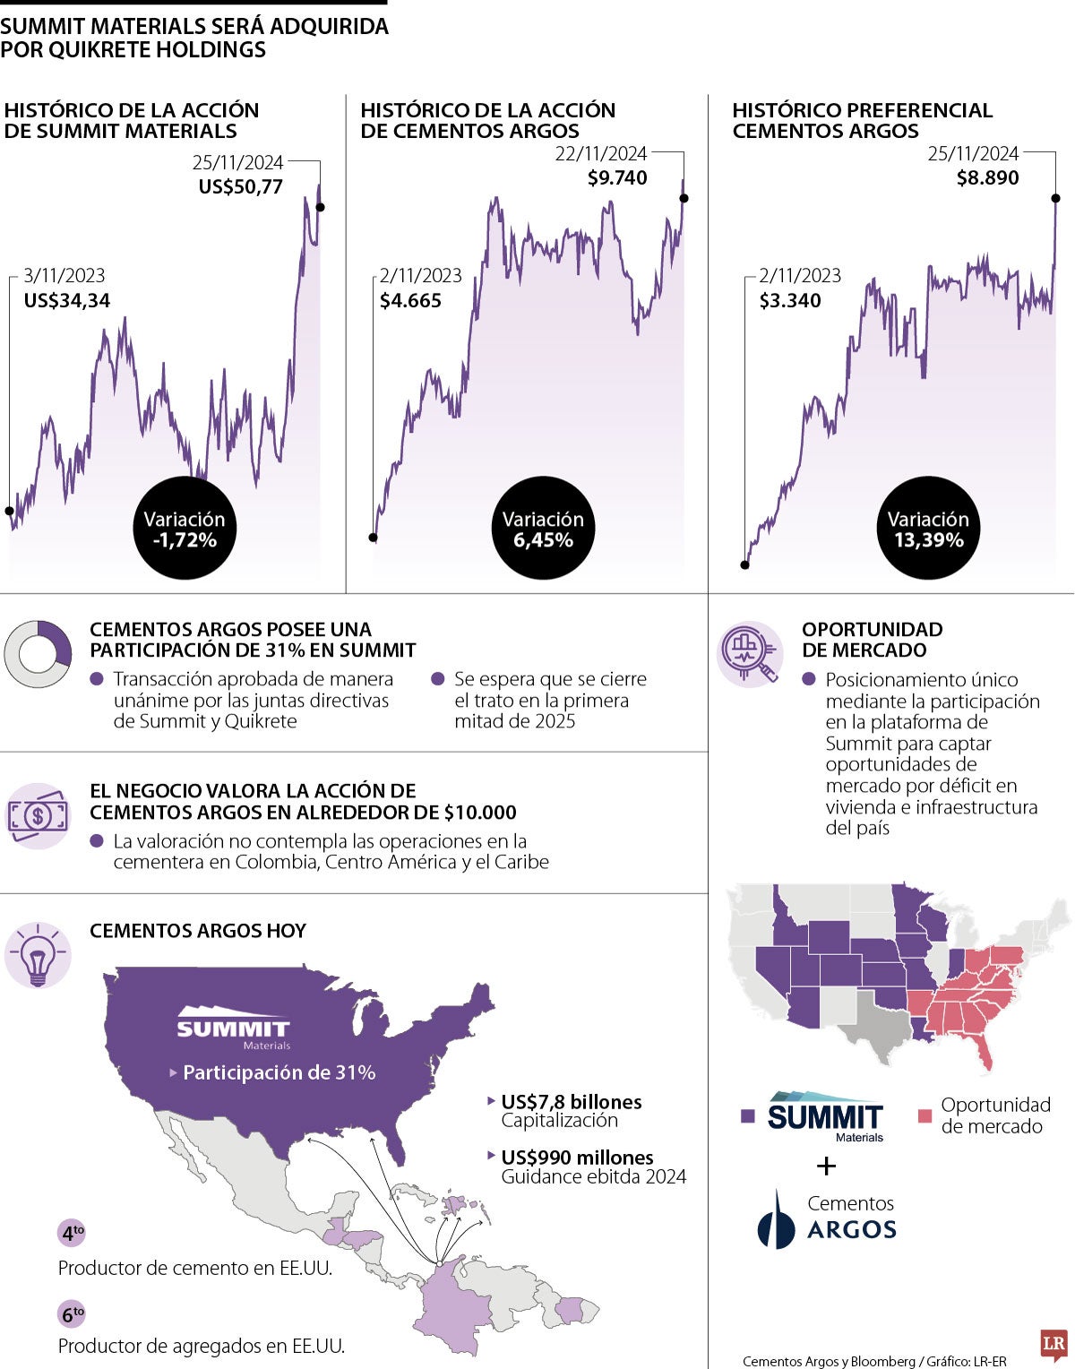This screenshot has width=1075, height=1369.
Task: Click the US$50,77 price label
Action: (x=240, y=187)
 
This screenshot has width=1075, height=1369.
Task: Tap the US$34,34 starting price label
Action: (x=67, y=301)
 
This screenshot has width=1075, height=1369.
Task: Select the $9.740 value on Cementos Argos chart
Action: (x=617, y=178)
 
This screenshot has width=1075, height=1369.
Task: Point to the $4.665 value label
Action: (x=410, y=301)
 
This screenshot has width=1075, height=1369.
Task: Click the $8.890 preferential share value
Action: (x=987, y=178)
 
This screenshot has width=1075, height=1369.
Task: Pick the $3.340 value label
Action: (x=790, y=301)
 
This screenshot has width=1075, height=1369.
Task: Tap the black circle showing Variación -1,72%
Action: (x=185, y=530)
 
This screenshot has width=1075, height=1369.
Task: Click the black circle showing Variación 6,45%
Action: (x=543, y=530)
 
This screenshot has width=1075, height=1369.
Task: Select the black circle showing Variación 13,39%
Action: (x=928, y=530)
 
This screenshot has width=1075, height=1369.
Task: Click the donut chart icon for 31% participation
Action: (x=38, y=654)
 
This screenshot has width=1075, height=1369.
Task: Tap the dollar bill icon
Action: (x=38, y=815)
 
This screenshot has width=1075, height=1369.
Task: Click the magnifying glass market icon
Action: (x=751, y=654)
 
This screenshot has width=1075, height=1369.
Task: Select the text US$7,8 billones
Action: (x=572, y=1102)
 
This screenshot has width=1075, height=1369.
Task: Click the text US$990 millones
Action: (x=577, y=1158)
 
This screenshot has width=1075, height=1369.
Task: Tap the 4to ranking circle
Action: (x=72, y=1234)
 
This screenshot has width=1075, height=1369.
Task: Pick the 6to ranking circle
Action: (x=72, y=1314)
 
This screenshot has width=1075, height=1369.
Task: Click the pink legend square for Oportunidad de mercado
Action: (x=924, y=1116)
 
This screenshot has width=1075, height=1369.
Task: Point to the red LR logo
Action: (x=1053, y=1345)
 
